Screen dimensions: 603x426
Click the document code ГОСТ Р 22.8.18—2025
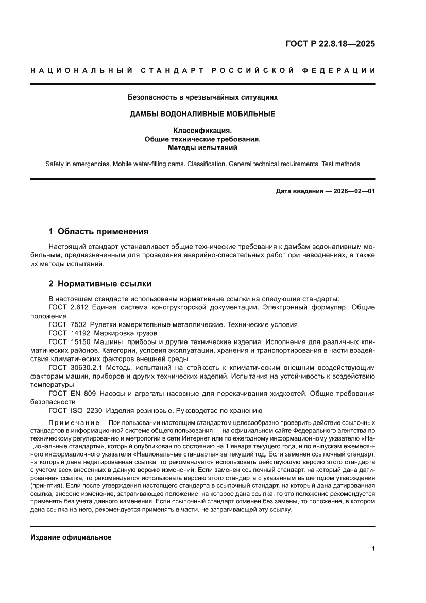330,44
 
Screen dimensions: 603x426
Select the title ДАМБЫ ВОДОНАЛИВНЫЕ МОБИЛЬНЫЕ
202,114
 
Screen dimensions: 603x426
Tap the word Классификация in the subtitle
202,131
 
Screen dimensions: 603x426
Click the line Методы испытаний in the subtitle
202,148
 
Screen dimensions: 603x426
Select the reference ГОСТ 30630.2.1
75,367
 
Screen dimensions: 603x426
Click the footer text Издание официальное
71,537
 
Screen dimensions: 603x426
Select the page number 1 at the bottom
372,549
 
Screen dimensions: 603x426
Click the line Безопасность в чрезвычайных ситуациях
202,97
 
